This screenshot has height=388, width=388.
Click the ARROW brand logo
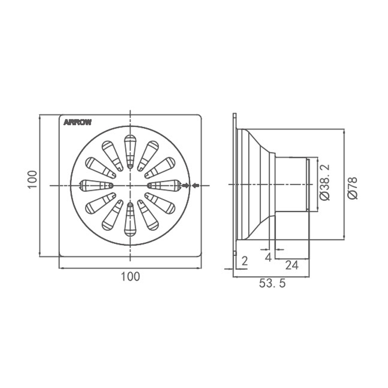click(78, 122)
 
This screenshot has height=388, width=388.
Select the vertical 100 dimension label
click(32, 179)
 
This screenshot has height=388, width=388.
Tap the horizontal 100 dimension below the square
click(130, 276)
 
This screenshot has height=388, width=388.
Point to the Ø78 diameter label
click(353, 188)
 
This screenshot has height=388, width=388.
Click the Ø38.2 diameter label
click(325, 182)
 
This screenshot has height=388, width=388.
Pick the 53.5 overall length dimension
click(272, 283)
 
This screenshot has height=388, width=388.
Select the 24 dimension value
click(292, 265)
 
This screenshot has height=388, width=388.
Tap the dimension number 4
click(268, 257)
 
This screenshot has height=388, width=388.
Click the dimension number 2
click(244, 261)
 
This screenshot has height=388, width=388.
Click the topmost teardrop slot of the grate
click(130, 151)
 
